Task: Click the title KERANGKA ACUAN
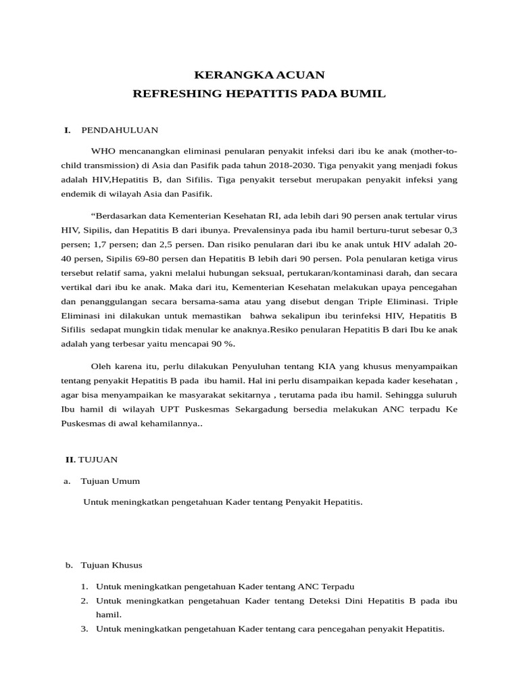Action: tap(259, 74)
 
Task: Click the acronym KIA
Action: tap(328, 366)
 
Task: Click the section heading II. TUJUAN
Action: tap(91, 460)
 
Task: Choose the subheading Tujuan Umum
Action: tap(110, 481)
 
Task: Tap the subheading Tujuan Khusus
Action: tap(112, 565)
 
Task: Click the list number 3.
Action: tap(84, 628)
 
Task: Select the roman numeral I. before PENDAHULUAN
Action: tap(68, 130)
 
